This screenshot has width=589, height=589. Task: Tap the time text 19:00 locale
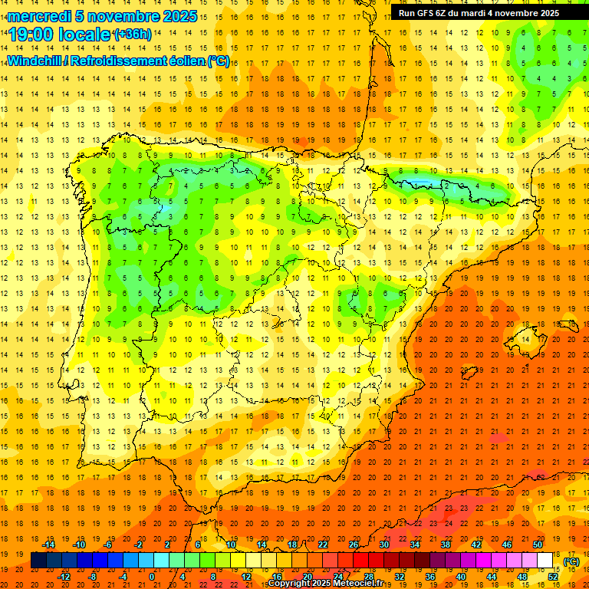(59, 34)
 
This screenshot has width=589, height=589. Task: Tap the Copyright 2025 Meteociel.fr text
(325, 584)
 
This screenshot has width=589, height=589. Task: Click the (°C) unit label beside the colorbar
(571, 561)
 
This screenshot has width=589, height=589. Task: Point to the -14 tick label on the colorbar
(49, 545)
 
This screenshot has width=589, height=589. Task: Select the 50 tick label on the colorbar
(537, 545)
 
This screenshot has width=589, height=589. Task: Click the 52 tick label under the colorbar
(552, 577)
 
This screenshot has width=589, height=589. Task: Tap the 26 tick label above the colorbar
(354, 545)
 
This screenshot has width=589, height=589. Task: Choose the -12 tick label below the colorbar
(64, 577)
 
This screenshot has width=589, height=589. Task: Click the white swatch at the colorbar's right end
(545, 561)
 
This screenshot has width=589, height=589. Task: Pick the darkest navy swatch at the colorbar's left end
(38, 561)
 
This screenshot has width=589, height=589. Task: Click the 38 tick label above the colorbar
(446, 545)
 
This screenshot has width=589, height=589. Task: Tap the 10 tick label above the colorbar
(231, 545)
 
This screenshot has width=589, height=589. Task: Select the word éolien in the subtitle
(186, 61)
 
